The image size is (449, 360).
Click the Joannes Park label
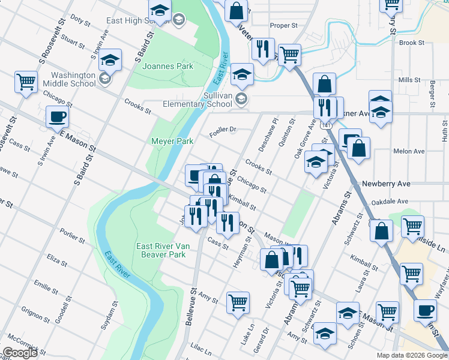(167, 66)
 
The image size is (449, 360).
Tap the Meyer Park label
(172, 141)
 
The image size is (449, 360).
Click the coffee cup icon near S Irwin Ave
(58, 118)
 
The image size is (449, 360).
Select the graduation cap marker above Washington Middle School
(110, 60)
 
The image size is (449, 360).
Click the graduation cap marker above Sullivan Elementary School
(242, 75)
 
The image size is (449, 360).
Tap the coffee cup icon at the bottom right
(426, 312)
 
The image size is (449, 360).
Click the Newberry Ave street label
(386, 184)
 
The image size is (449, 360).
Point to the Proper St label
(284, 26)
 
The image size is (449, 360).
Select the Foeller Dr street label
(224, 129)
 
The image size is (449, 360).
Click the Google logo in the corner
(20, 353)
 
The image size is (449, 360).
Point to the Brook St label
(412, 43)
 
